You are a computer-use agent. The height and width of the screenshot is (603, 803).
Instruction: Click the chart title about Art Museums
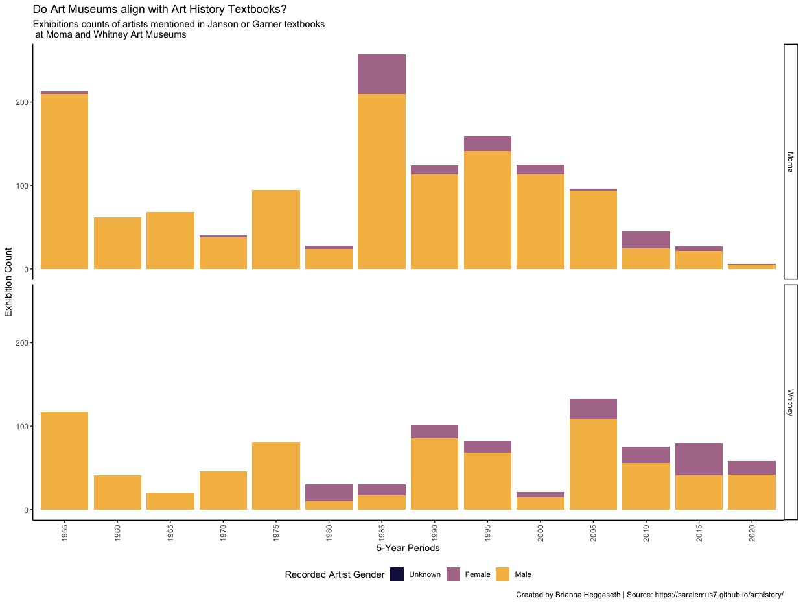click(x=159, y=10)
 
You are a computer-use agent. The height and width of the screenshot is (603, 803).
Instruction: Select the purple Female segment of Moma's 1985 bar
click(x=381, y=74)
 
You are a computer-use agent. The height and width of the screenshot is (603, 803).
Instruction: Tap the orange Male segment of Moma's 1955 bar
click(x=64, y=182)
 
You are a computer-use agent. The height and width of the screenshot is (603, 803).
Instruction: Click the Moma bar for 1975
click(x=275, y=230)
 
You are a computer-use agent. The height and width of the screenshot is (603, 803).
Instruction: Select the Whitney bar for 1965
click(x=170, y=501)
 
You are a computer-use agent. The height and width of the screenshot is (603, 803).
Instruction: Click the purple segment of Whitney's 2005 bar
click(x=593, y=408)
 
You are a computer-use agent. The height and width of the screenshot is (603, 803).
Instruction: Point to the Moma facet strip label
click(x=790, y=161)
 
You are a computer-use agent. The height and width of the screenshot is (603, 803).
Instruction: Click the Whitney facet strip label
click(x=790, y=402)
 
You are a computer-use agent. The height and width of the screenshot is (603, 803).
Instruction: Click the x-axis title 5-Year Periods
click(x=408, y=549)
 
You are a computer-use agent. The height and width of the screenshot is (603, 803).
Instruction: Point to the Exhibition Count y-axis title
click(x=8, y=282)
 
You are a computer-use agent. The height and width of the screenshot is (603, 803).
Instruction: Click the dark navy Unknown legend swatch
click(x=397, y=574)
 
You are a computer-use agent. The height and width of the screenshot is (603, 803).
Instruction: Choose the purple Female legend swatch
click(x=453, y=574)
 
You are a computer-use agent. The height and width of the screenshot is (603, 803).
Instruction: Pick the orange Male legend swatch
click(x=502, y=574)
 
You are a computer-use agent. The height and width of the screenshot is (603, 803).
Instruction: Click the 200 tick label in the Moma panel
click(x=21, y=102)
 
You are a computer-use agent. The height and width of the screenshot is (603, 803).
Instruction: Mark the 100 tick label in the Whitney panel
click(x=21, y=427)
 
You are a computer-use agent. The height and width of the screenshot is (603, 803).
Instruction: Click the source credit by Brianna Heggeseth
click(x=649, y=595)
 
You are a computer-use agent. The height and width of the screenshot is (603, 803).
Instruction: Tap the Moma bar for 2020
click(x=752, y=266)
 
